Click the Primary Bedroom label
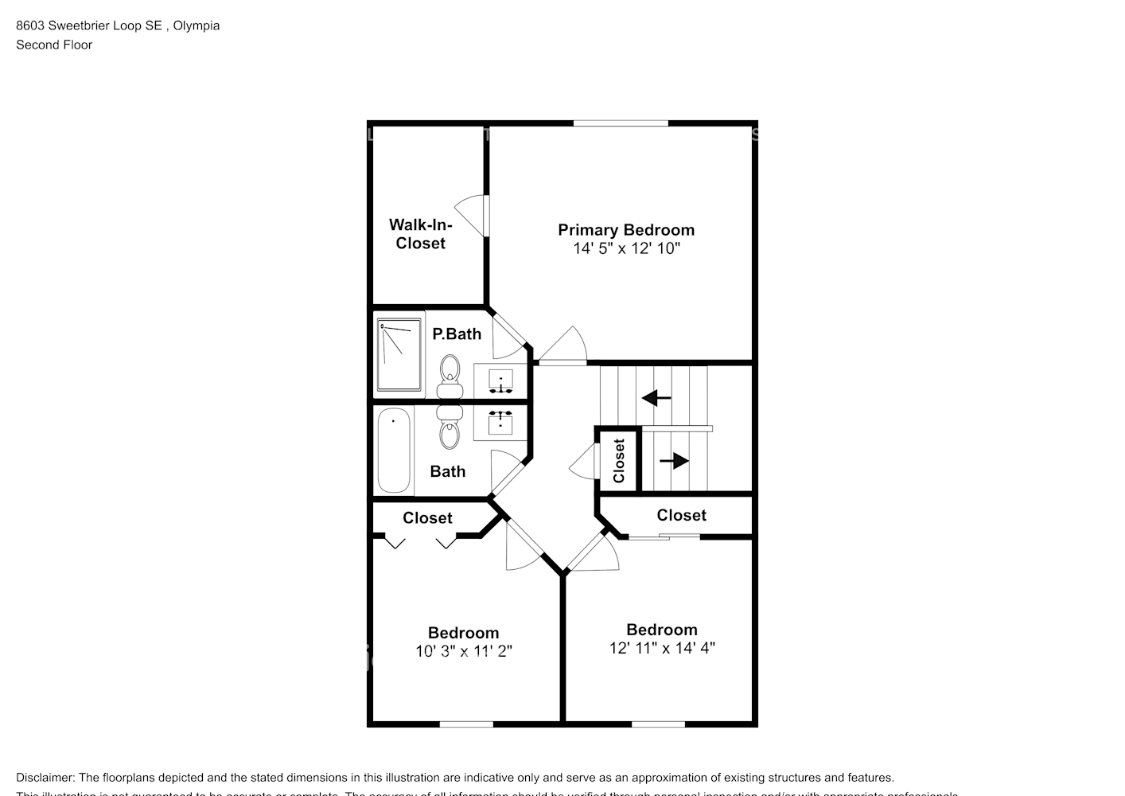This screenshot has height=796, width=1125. tap(626, 230)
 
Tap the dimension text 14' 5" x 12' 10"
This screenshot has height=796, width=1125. tap(626, 248)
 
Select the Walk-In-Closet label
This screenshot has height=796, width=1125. tap(420, 234)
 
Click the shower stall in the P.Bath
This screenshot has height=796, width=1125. tap(399, 355)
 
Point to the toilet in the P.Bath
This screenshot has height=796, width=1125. tap(450, 376)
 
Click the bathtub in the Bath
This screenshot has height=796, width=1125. tap(393, 451)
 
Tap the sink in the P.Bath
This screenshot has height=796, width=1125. tap(500, 380)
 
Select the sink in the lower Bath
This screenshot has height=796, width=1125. tap(500, 422)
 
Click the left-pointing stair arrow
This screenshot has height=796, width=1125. tap(656, 397)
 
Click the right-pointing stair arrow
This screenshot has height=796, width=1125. tap(674, 460)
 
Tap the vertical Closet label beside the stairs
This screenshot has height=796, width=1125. tap(619, 461)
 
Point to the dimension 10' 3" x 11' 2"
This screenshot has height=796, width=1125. tap(463, 651)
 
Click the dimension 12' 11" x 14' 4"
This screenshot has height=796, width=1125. tap(662, 648)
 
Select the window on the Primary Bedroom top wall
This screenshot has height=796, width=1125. tap(621, 123)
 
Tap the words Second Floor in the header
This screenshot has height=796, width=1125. tap(54, 45)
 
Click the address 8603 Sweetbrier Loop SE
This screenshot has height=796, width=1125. tap(89, 25)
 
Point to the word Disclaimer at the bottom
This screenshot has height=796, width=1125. tap(45, 778)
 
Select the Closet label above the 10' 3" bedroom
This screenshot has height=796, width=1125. tap(427, 518)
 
